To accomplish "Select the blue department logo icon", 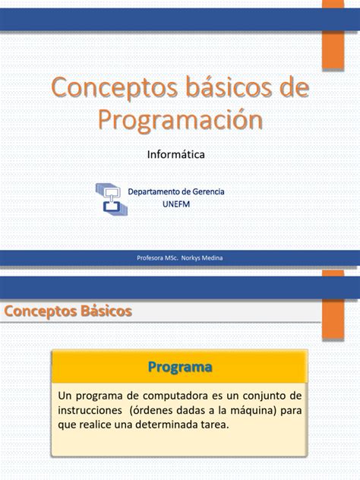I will (x=111, y=198).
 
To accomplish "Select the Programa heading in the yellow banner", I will (x=179, y=368).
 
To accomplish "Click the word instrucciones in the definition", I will (x=90, y=410).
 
